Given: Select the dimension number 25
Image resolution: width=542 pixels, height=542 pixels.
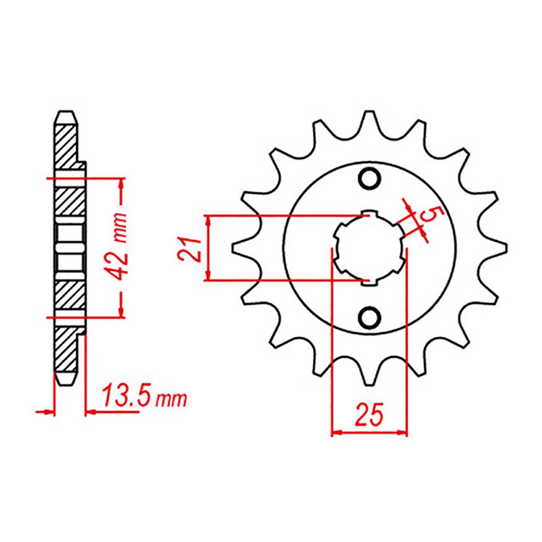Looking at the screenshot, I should pyautogui.click(x=369, y=414).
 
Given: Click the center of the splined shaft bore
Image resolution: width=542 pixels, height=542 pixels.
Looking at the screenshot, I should pyautogui.click(x=370, y=248).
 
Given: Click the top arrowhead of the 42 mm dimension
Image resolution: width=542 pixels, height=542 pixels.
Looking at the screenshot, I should pyautogui.click(x=121, y=183).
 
